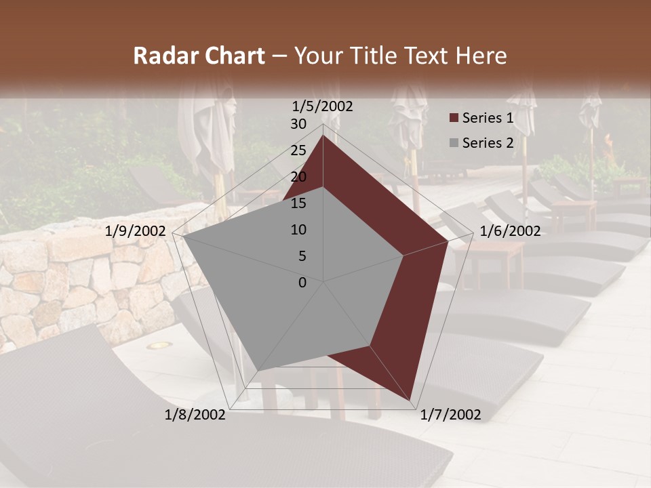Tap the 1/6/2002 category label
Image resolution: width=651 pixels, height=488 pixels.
pyautogui.click(x=510, y=231)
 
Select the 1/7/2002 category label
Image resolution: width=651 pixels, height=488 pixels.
pyautogui.click(x=450, y=415)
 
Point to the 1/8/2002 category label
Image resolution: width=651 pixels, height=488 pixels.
pyautogui.click(x=195, y=415)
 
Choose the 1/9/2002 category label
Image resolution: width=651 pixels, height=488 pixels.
pyautogui.click(x=136, y=231)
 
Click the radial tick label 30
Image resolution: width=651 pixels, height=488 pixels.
pyautogui.click(x=298, y=124)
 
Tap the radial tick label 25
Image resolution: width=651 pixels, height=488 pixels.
pyautogui.click(x=298, y=150)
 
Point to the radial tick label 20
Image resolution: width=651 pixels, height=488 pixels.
pyautogui.click(x=298, y=177)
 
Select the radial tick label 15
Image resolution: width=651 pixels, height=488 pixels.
pyautogui.click(x=298, y=203)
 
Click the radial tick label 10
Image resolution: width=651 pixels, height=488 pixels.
pyautogui.click(x=298, y=230)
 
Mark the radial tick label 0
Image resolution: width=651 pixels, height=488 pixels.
pyautogui.click(x=302, y=283)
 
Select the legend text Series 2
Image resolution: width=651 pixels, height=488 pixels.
pyautogui.click(x=488, y=143)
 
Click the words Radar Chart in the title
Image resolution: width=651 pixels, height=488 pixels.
pyautogui.click(x=199, y=56)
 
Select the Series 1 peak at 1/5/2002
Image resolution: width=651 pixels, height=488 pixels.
pyautogui.click(x=323, y=136)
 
